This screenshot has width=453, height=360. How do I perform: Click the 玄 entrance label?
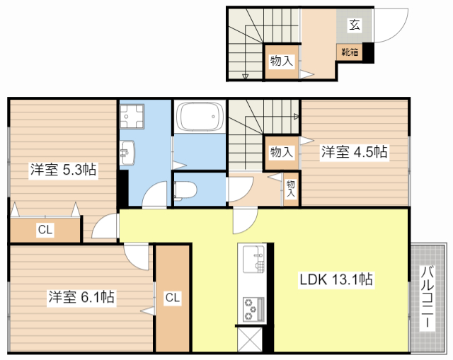pyautogui.click(x=354, y=25)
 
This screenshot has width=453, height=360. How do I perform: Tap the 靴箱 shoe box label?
pyautogui.click(x=350, y=52)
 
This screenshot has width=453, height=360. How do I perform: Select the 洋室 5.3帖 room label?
pyautogui.click(x=64, y=170)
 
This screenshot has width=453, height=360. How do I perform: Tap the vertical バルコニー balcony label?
pyautogui.click(x=428, y=298)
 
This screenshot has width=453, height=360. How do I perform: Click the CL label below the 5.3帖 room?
pyautogui.click(x=45, y=229)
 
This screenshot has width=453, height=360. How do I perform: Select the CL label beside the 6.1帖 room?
pyautogui.click(x=173, y=298)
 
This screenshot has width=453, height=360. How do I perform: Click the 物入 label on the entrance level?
pyautogui.click(x=282, y=62)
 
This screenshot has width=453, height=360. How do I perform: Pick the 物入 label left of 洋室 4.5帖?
pyautogui.click(x=282, y=152)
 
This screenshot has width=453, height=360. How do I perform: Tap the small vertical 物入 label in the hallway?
pyautogui.click(x=290, y=188)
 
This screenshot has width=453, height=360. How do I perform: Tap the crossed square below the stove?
pyautogui.click(x=251, y=340)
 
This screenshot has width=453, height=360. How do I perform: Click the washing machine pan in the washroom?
pyautogui.click(x=132, y=115)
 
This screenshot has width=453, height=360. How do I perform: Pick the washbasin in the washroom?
pyautogui.click(x=127, y=151)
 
